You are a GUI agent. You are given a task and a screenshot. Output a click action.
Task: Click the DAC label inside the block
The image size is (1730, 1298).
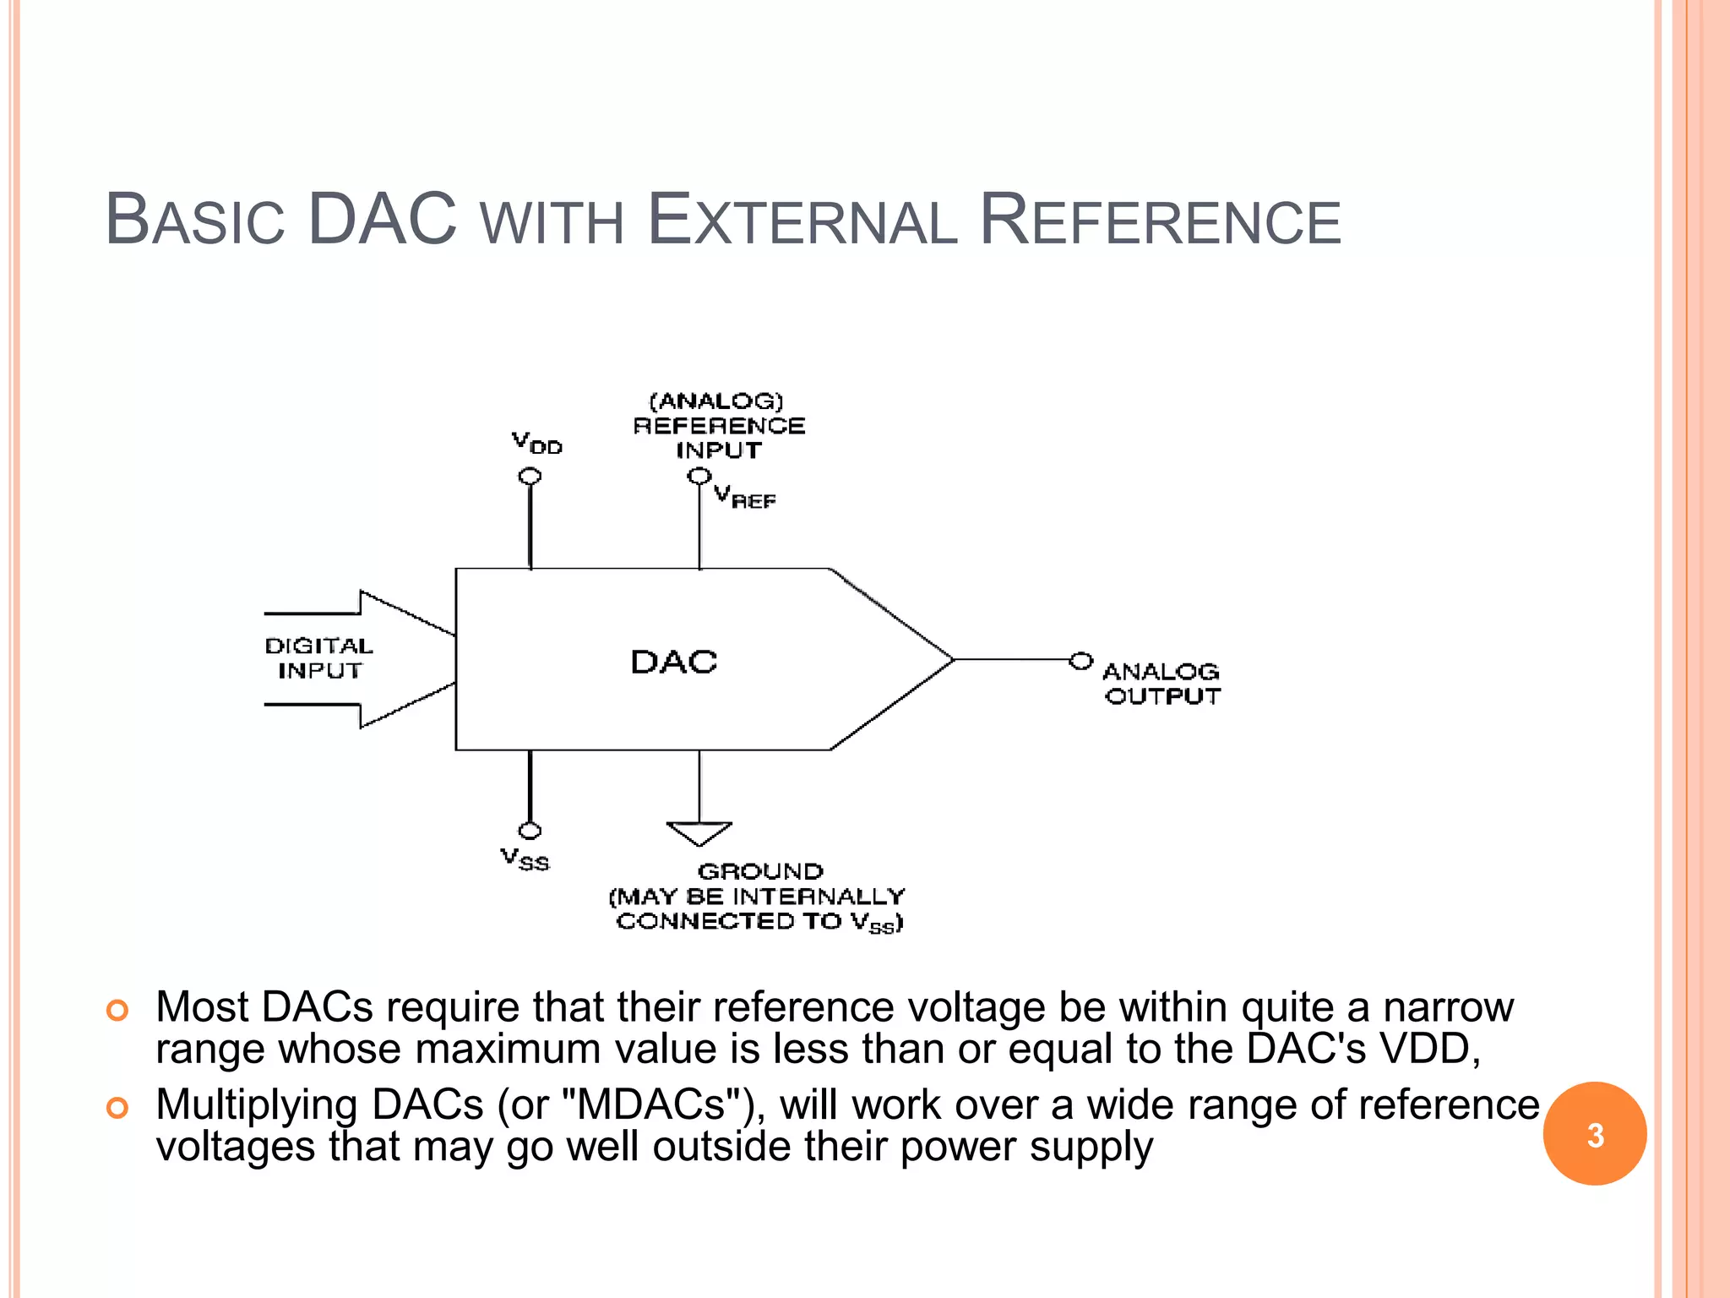tap(673, 662)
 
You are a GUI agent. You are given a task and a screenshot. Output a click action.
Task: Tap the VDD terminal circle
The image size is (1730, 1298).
tap(530, 477)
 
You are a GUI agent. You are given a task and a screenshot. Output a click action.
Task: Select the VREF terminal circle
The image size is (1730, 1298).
tap(699, 477)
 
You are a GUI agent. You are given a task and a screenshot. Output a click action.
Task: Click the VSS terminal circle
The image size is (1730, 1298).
tap(530, 831)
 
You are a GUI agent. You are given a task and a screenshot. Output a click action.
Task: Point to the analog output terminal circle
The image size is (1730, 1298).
tap(1080, 660)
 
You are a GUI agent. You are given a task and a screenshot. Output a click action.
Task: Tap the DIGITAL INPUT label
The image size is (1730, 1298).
tap(318, 658)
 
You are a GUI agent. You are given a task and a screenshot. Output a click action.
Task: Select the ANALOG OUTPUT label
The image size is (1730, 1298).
tap(1161, 684)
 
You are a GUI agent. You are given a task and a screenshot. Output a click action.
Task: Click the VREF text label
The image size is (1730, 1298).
tap(744, 497)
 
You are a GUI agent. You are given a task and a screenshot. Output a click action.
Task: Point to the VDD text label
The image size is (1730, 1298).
tap(536, 442)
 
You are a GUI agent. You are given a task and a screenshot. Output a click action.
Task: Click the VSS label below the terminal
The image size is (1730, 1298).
tap(525, 859)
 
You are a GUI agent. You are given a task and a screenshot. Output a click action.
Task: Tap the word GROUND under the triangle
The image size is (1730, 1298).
tap(760, 871)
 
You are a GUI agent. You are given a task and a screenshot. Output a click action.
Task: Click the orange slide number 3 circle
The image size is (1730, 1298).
tap(1594, 1134)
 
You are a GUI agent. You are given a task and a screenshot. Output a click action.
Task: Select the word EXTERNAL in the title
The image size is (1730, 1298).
tap(802, 221)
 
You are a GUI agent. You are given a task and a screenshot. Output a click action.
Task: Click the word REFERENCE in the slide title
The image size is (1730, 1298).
tap(1160, 221)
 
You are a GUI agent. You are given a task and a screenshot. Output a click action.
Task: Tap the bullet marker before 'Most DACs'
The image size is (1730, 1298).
tap(117, 1010)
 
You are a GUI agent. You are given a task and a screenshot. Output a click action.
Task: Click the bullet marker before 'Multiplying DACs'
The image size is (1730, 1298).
tap(117, 1108)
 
